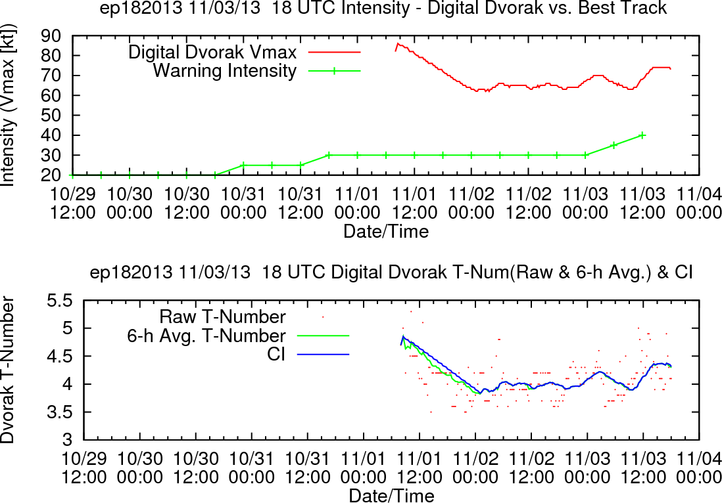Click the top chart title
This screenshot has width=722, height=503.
(383, 8)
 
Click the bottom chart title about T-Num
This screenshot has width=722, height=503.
(391, 273)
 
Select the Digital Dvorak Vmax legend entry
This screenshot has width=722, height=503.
(244, 52)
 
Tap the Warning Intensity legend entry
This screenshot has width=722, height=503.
(256, 71)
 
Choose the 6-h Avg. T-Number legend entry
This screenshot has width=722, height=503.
(238, 336)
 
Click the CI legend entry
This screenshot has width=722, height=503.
(308, 355)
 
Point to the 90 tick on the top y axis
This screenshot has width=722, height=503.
(51, 35)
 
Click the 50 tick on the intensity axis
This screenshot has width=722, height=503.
(51, 116)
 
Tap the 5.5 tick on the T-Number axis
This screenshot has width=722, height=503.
(60, 301)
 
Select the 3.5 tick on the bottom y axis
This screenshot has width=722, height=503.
(60, 412)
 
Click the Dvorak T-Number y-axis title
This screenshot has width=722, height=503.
(8, 370)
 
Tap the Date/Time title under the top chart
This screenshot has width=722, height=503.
(386, 230)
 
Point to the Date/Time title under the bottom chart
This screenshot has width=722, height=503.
(391, 496)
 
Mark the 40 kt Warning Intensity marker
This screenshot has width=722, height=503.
(642, 135)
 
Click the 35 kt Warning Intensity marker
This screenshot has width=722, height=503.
(614, 145)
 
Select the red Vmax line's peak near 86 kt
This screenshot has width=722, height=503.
(398, 44)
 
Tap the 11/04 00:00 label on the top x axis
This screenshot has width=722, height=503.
(698, 203)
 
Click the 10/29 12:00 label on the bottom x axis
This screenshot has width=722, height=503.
(84, 468)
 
